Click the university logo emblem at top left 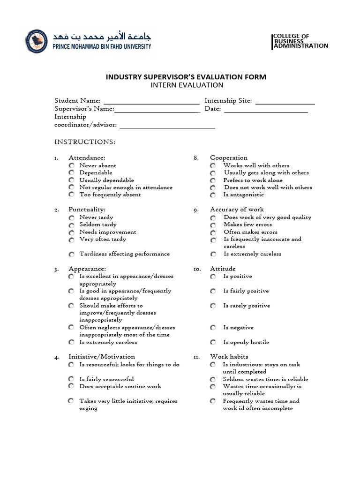[x=37, y=41]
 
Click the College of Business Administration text [x=300, y=41]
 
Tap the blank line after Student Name [x=151, y=101]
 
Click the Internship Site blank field [x=285, y=101]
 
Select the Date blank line [x=266, y=109]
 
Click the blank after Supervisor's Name [x=157, y=109]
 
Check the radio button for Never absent [x=71, y=166]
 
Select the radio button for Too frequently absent [x=71, y=195]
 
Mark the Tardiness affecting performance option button [x=71, y=255]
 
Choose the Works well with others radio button [x=213, y=166]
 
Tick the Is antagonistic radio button [x=213, y=195]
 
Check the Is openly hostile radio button [x=213, y=343]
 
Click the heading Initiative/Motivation [x=102, y=357]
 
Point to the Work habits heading [x=229, y=357]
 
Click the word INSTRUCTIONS [x=85, y=142]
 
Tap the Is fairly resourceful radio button [x=71, y=379]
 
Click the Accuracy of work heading [x=237, y=210]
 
